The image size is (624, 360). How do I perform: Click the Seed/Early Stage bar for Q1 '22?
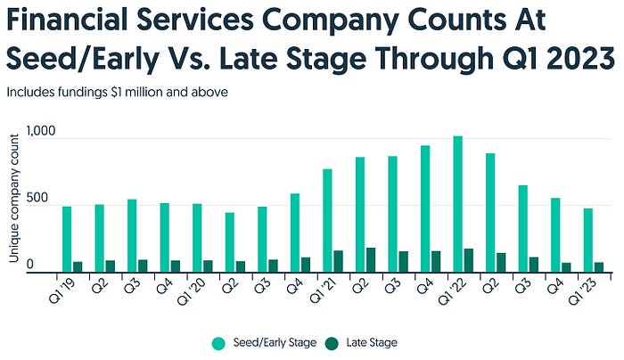[x=457, y=205]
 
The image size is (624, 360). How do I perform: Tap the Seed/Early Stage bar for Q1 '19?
[x=67, y=240]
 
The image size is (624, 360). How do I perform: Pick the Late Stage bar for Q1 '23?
[x=599, y=267]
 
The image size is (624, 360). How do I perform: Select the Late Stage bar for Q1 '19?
[x=78, y=267]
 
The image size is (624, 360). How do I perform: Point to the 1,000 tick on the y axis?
[x=41, y=131]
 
